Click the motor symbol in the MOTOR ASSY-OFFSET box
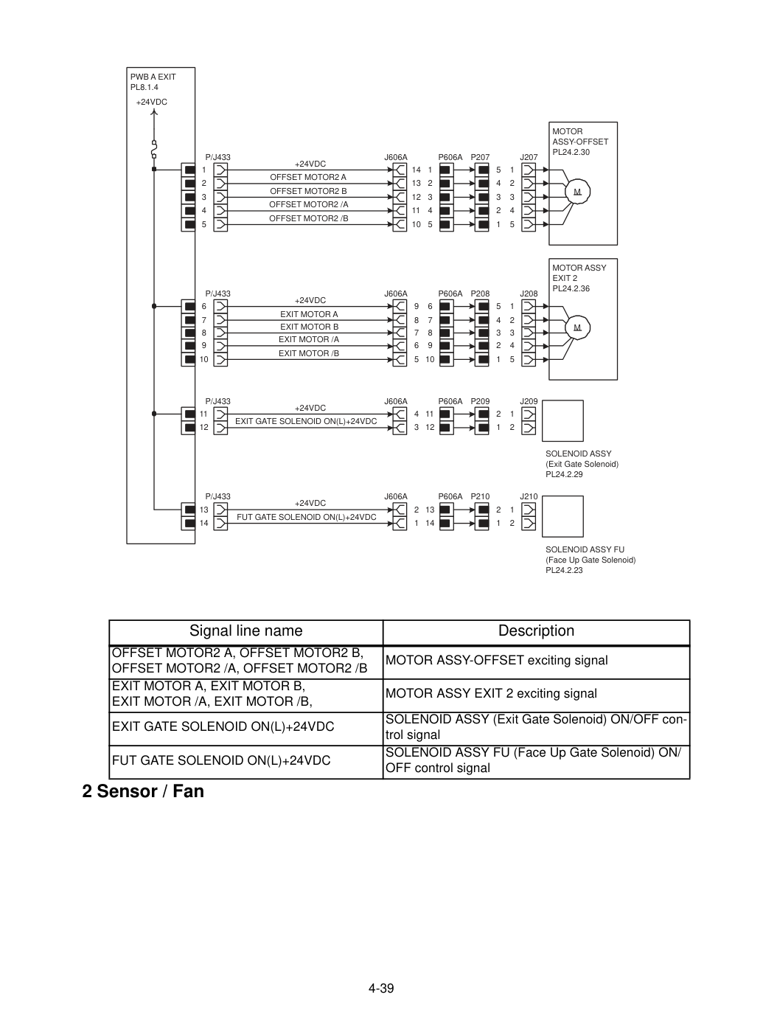pos(577,191)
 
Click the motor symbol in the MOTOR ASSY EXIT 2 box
pos(577,327)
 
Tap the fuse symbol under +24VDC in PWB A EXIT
pos(154,149)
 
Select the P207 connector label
pos(480,157)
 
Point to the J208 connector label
pos(529,294)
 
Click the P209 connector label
pos(480,401)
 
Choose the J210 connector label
pos(529,496)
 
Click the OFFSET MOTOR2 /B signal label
pos(308,218)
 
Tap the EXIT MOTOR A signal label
pos(309,314)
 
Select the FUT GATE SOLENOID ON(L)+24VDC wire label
pos(307,517)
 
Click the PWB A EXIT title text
pos(153,77)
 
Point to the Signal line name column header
pos(246,631)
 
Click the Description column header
pos(536,631)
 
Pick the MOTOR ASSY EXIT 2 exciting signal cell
pos(491,693)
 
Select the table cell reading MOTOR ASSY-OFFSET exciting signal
pos(496,660)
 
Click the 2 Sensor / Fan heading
pos(143,791)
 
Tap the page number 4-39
pos(381,988)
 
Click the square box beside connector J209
pos(562,420)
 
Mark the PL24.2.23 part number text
pos(564,570)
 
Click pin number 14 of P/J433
pos(204,523)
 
